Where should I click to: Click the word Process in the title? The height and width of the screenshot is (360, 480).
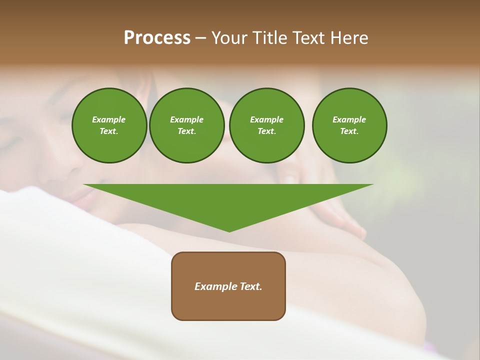157,38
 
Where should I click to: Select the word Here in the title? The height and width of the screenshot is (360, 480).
349,38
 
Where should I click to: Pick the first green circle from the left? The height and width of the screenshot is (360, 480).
109,125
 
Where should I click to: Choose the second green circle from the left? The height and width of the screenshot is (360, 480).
187,125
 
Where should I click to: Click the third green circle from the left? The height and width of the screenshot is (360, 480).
267,125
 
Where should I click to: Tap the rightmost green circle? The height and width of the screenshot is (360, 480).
349,125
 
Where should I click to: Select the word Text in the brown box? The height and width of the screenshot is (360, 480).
250,286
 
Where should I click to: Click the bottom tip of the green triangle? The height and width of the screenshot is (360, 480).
229,231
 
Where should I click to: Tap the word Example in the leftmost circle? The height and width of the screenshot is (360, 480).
109,119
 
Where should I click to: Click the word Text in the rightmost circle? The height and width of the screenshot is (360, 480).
349,131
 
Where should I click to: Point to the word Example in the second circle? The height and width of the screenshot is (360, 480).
187,119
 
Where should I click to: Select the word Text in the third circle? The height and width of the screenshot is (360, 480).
266,131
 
